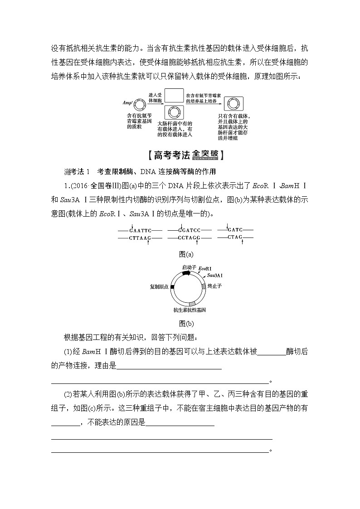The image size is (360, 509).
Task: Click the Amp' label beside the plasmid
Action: point(127,102)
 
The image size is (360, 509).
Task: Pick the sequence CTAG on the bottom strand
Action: point(235,237)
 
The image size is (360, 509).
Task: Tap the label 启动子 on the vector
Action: point(189,268)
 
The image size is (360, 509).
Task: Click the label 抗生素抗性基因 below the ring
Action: point(190,311)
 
